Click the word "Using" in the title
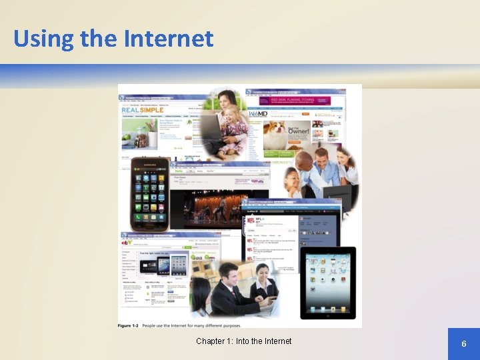43,39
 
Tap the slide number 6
463,344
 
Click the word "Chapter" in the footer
211,341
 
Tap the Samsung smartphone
149,194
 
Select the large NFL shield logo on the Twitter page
251,219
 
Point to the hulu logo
178,171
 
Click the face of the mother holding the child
227,99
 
